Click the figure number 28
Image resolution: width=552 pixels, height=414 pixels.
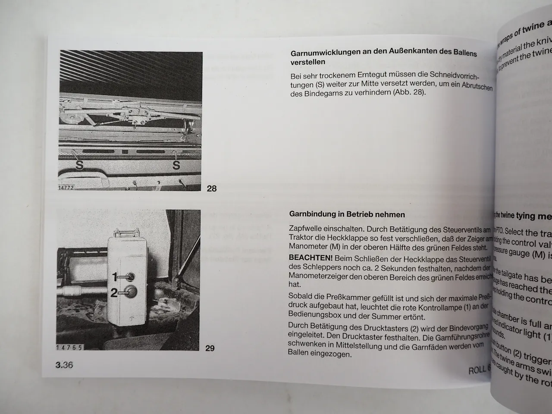click(212, 188)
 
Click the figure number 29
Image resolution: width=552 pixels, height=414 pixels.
click(210, 348)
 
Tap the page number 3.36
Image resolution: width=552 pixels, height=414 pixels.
click(64, 365)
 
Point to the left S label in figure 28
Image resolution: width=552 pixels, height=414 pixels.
click(79, 165)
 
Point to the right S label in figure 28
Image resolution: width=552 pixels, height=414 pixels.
click(176, 165)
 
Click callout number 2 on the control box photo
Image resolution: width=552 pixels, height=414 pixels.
click(114, 293)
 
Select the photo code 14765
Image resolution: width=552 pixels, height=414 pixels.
click(69, 347)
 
